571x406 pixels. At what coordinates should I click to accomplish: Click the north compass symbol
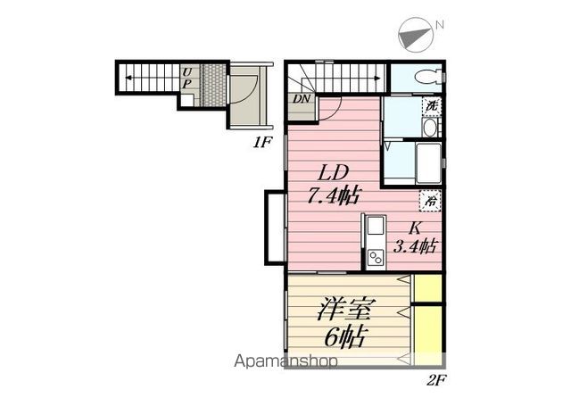[417, 34]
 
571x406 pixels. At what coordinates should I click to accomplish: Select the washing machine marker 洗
[432, 106]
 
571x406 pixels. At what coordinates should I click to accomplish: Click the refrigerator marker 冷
[431, 201]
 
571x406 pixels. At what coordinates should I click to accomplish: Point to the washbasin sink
[430, 128]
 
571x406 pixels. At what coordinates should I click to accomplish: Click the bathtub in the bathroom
[428, 163]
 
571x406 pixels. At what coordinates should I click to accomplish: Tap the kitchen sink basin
[376, 226]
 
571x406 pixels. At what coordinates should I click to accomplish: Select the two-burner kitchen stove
[376, 258]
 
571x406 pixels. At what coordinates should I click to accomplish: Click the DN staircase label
[302, 98]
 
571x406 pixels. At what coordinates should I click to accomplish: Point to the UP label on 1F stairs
[186, 79]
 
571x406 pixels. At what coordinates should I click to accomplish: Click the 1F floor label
[261, 143]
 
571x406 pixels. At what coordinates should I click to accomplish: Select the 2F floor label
[436, 380]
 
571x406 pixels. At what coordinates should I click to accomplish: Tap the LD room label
[333, 173]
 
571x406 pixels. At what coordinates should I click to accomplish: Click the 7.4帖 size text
[334, 196]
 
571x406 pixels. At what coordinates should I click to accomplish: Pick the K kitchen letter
[415, 228]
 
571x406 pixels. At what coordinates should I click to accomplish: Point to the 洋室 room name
[344, 310]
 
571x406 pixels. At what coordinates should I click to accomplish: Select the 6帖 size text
[345, 337]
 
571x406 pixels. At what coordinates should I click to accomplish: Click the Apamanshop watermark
[285, 361]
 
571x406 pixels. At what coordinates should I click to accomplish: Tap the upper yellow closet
[428, 287]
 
